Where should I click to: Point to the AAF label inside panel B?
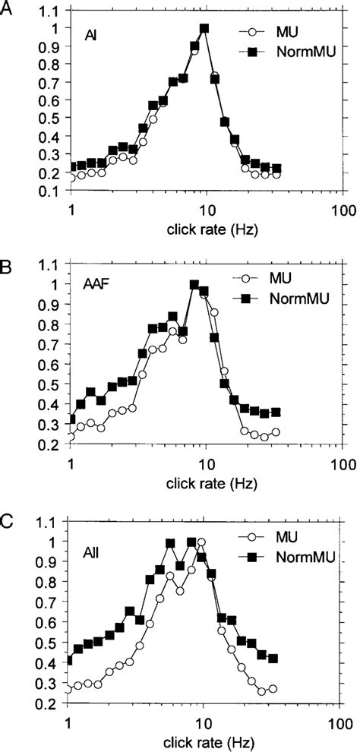[x=96, y=284]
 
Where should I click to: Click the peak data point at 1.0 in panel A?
[x=204, y=29]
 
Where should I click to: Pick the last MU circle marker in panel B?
[x=275, y=432]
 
